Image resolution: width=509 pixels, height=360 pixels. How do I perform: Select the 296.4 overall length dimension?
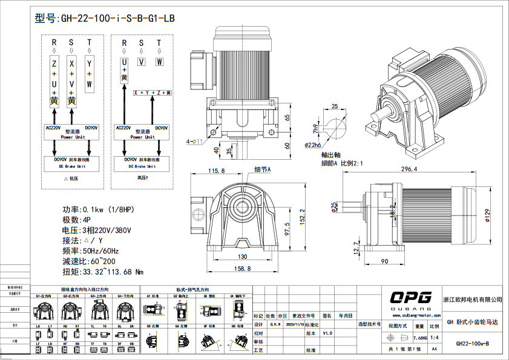tap(409, 169)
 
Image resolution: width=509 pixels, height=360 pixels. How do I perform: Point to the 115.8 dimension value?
tap(216, 171)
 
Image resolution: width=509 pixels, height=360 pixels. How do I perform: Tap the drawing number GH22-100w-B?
tap(472, 344)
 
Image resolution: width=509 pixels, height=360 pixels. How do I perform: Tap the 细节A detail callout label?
tap(262, 170)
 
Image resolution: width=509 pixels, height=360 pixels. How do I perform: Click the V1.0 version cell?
tap(327, 333)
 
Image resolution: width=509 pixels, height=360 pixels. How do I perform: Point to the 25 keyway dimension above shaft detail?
tap(335, 106)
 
